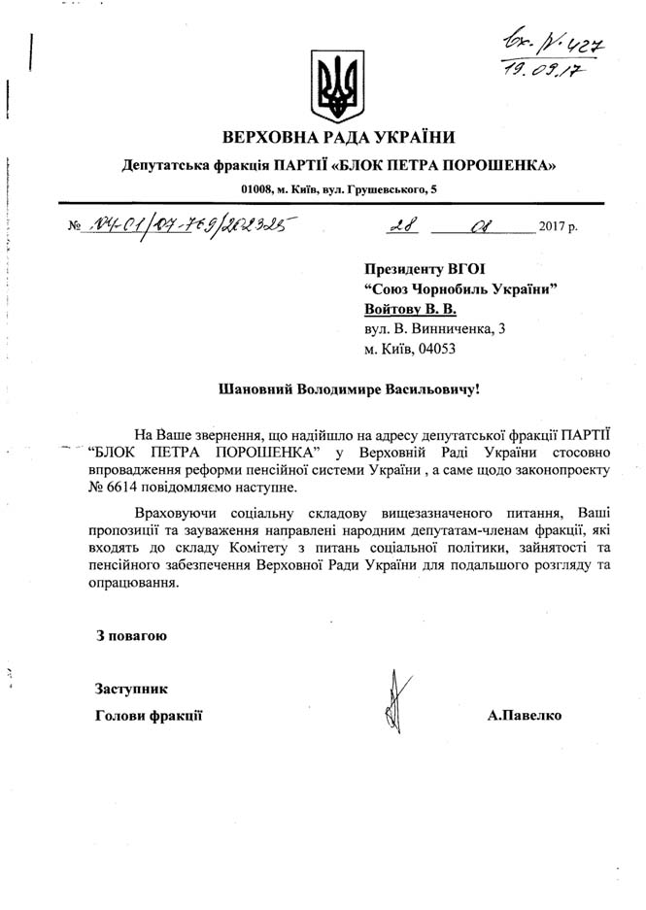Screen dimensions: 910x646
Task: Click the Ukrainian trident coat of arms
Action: (337, 86)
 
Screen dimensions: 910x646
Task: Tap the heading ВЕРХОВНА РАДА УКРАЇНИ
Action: (339, 136)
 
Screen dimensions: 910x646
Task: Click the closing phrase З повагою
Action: (131, 637)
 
